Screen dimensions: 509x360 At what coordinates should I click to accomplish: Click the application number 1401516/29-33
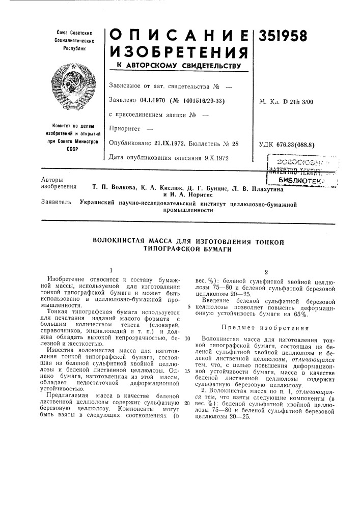[x=198, y=101]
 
